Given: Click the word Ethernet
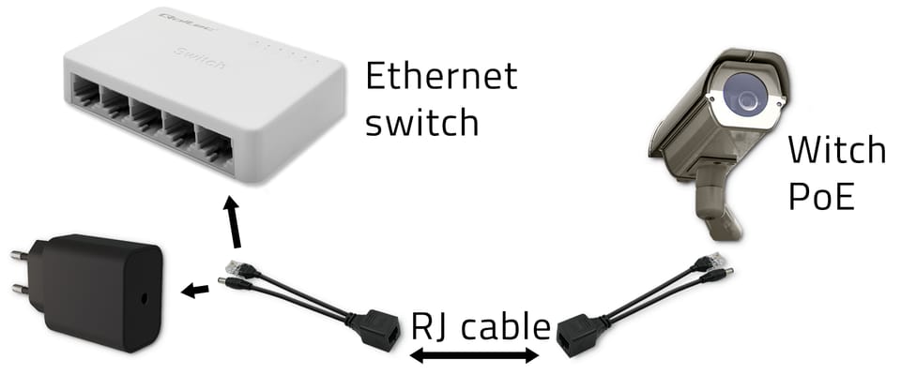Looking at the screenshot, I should point(440,77).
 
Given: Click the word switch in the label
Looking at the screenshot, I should point(422,122).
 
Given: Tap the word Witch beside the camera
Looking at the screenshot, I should point(835,150).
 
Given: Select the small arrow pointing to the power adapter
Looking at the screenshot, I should point(196,291).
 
